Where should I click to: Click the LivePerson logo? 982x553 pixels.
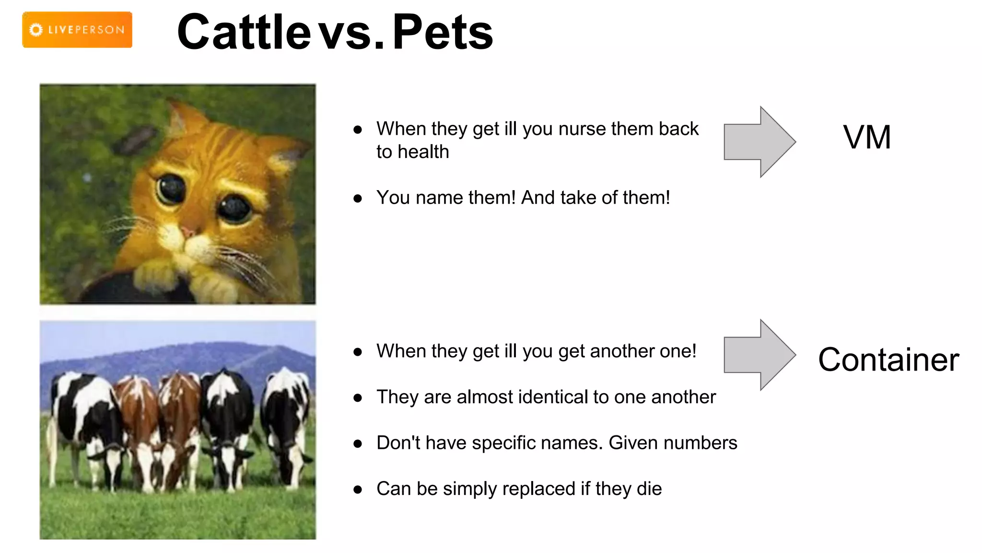77,30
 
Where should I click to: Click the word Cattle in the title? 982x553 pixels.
244,32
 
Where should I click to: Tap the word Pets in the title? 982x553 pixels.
443,32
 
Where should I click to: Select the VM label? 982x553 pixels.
867,137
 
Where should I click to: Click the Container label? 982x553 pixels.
888,360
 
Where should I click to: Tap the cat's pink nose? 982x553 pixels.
188,232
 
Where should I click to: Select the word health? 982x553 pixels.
423,152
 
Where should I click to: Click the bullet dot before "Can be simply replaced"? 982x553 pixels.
357,490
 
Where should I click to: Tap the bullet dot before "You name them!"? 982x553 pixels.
357,199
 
